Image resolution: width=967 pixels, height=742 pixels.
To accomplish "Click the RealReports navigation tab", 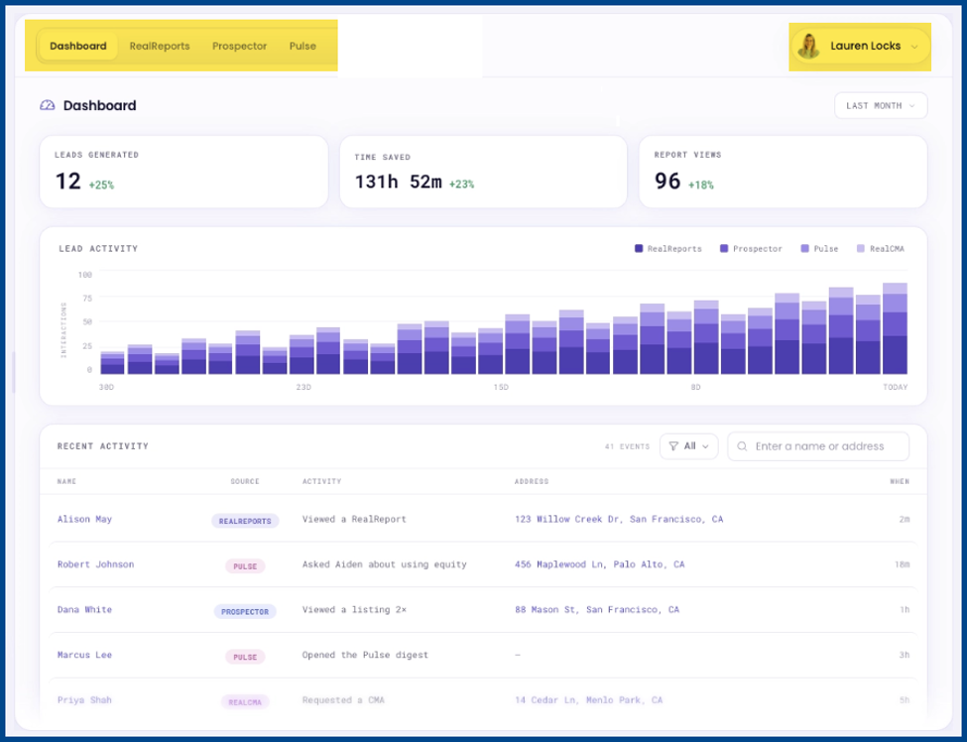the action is pyautogui.click(x=160, y=47).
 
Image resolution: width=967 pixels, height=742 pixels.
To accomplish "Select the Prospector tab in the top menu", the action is pyautogui.click(x=239, y=47).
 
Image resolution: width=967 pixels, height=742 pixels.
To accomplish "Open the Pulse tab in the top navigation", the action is pyautogui.click(x=302, y=47).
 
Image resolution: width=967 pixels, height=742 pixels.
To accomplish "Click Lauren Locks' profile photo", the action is pyautogui.click(x=808, y=47).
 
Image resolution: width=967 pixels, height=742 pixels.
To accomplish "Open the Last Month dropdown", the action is pyautogui.click(x=881, y=105).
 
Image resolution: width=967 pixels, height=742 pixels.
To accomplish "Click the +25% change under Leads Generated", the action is pyautogui.click(x=101, y=185).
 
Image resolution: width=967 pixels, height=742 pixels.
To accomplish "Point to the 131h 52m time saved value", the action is pyautogui.click(x=398, y=182).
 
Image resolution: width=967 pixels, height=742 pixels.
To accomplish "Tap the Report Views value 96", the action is pyautogui.click(x=667, y=182).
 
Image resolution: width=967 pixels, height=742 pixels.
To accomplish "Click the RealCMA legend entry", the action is pyautogui.click(x=881, y=249).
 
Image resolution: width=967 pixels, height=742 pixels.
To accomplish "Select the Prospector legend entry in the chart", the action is pyautogui.click(x=751, y=249).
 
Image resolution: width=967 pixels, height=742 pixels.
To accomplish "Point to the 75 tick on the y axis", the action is pyautogui.click(x=87, y=298).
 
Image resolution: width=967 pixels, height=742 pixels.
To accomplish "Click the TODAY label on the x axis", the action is pyautogui.click(x=895, y=387).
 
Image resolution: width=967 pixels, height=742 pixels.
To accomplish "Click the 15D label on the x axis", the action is pyautogui.click(x=501, y=387).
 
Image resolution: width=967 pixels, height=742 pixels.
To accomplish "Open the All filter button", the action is pyautogui.click(x=689, y=446).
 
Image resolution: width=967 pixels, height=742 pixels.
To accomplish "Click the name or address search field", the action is pyautogui.click(x=818, y=446).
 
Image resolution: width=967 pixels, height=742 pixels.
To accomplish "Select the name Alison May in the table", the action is pyautogui.click(x=84, y=520).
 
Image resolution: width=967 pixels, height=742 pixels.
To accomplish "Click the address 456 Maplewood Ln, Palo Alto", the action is pyautogui.click(x=599, y=564).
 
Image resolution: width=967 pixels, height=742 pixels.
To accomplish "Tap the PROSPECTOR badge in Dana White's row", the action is pyautogui.click(x=245, y=612).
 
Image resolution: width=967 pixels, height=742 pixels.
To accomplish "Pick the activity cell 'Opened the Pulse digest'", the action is pyautogui.click(x=365, y=655).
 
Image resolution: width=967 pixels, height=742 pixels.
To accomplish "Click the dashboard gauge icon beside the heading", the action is pyautogui.click(x=48, y=105).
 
